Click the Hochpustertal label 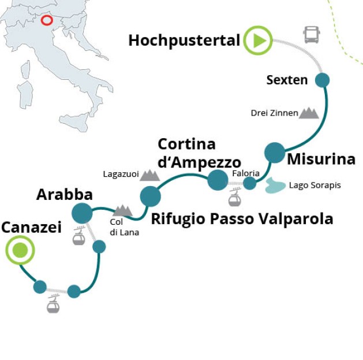184,40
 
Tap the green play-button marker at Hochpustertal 257,40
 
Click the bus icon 312,35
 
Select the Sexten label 287,80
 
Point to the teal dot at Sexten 321,80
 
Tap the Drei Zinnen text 274,113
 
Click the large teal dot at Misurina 275,153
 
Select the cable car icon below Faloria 234,199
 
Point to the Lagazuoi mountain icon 149,174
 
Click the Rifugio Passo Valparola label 242,218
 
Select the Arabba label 64,194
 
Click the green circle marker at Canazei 20,251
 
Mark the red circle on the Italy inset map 47,21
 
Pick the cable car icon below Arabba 79,237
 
